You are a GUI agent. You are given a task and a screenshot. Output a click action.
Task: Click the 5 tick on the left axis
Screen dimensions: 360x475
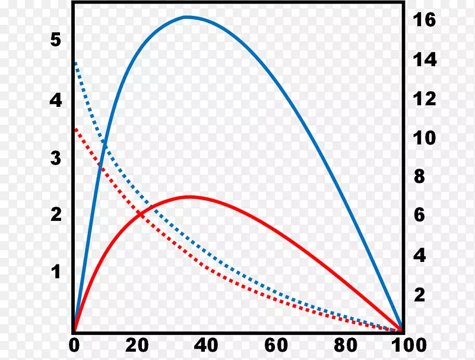pos(56,40)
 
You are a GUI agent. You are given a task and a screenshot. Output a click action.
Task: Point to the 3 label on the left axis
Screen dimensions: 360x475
pos(56,159)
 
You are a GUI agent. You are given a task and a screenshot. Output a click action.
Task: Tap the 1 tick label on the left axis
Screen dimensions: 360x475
pos(56,272)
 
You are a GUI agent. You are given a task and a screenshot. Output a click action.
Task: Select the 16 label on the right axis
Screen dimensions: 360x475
pos(425,20)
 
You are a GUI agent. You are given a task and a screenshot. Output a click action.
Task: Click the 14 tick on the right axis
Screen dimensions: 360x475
pos(425,60)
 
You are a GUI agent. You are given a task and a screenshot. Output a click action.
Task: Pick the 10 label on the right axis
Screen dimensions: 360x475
pos(425,138)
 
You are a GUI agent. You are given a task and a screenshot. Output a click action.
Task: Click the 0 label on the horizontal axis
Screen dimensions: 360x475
pos(74,345)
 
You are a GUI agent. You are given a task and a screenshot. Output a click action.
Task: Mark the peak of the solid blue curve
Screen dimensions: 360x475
pos(188,17)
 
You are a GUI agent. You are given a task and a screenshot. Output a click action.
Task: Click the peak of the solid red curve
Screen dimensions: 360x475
pos(189,197)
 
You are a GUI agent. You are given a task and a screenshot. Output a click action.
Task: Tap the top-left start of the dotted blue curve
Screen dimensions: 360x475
pos(75,61)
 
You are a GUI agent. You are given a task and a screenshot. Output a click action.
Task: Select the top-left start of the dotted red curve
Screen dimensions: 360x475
pos(75,128)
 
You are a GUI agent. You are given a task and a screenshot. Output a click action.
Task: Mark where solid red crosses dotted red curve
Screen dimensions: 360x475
pos(140,214)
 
